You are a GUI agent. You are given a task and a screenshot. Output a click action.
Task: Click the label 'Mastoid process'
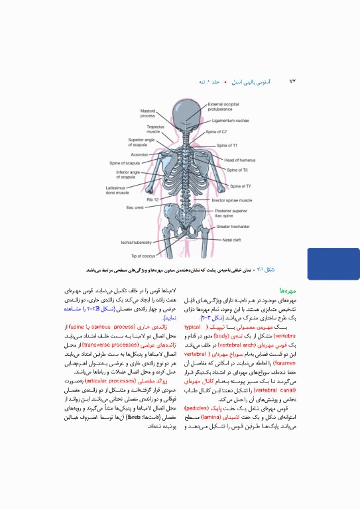[147, 113]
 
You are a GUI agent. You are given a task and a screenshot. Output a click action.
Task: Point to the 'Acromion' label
[139, 154]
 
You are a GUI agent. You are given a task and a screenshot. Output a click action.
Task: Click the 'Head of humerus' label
[239, 160]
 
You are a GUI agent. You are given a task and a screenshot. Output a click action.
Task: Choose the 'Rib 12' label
[152, 199]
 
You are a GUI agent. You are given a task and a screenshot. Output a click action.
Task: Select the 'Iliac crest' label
[135, 207]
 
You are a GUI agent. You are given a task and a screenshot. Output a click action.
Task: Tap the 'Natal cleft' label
[231, 239]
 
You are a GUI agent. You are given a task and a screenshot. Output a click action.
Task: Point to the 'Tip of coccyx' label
[143, 255]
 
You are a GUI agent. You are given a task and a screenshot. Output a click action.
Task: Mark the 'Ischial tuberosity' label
[137, 243]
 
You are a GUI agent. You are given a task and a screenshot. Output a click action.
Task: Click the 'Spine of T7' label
[239, 186]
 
